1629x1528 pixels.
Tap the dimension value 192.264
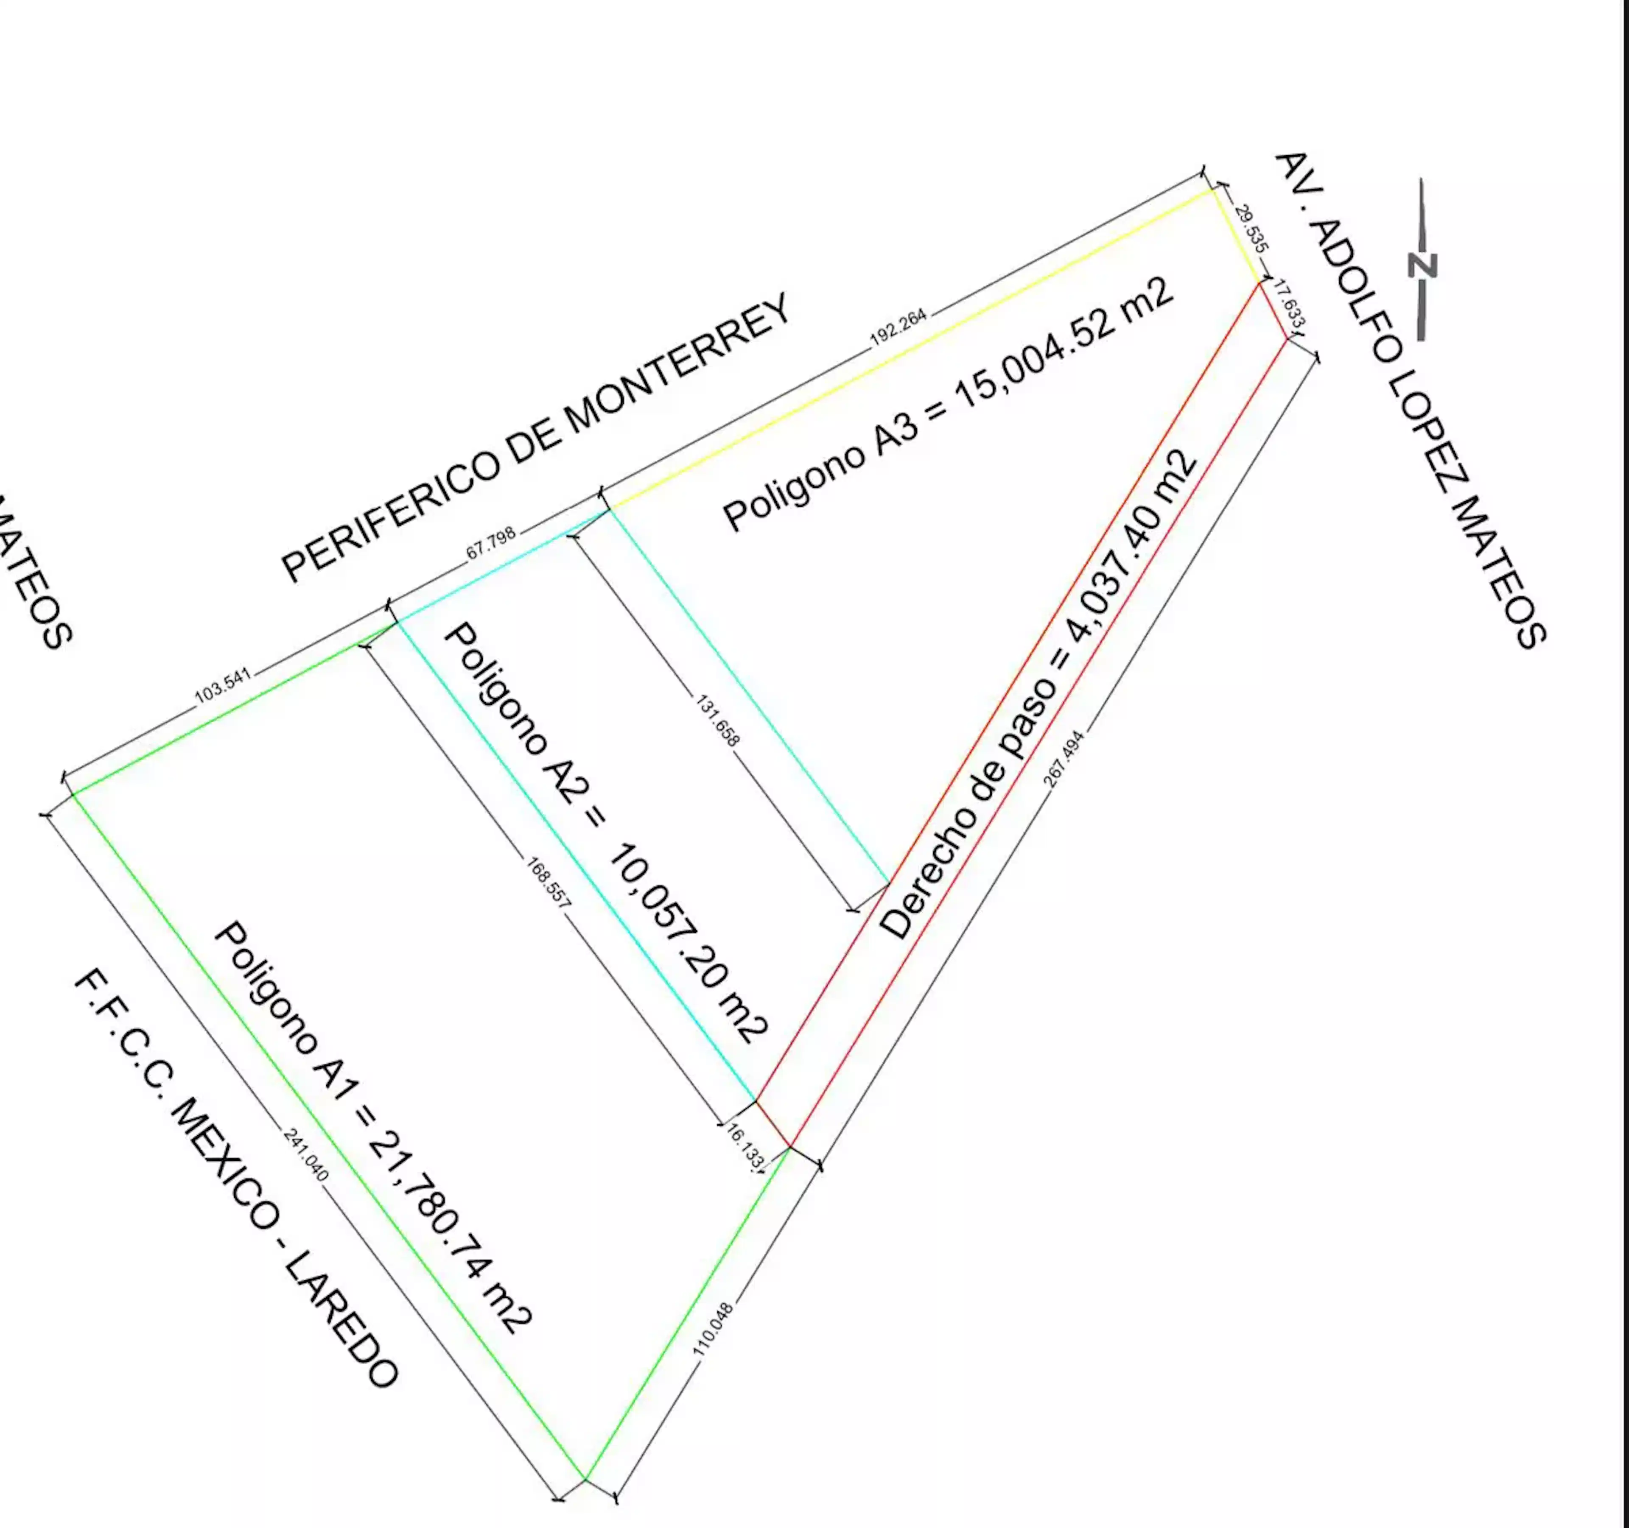(898, 327)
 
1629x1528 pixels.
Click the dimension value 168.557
(547, 882)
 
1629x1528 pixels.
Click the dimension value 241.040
(305, 1154)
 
